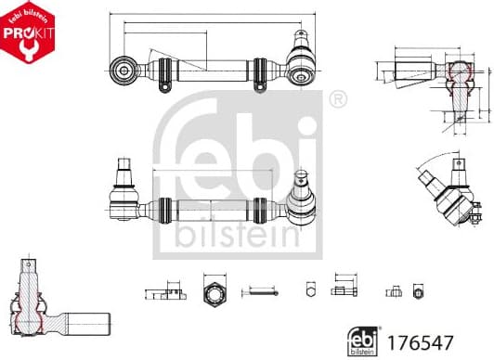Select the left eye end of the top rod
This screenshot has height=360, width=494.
(123, 69)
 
